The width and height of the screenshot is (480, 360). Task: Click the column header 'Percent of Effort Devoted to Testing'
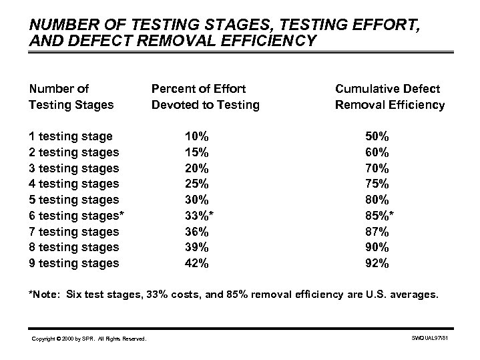pos(205,96)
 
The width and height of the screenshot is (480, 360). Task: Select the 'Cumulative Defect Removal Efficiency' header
pos(390,96)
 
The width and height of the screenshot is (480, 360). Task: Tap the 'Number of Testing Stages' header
pos(71,96)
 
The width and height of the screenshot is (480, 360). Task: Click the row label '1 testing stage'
pos(70,136)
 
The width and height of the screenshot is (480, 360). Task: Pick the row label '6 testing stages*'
pos(76,216)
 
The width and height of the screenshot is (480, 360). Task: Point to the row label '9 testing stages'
pos(73,263)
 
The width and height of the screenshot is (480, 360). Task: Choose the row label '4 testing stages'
pos(73,184)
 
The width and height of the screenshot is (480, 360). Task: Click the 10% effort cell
pos(196,136)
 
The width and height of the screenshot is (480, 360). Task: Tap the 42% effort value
pos(196,263)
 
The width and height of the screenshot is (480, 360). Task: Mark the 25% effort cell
pos(196,184)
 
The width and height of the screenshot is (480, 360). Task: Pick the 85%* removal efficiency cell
pos(380,216)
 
